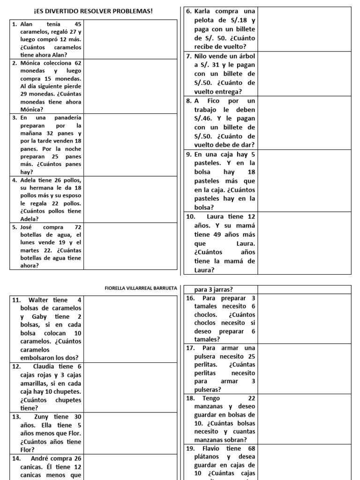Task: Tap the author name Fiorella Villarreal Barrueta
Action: (141, 288)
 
